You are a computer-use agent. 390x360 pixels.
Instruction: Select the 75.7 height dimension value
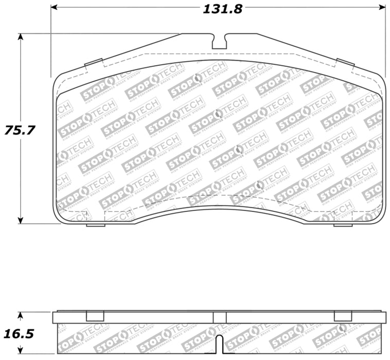[x=20, y=130]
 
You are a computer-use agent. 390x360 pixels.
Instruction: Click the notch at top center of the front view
[x=220, y=41]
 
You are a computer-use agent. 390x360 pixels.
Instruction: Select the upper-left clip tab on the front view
[x=93, y=63]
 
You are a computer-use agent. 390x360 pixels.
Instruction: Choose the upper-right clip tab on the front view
[x=345, y=63]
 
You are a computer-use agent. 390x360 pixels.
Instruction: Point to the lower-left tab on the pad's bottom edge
[x=95, y=225]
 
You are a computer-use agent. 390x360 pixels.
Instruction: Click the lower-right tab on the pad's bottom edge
[x=343, y=225]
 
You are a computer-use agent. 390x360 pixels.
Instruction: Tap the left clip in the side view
[x=95, y=316]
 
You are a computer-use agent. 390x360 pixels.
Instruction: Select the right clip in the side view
[x=343, y=316]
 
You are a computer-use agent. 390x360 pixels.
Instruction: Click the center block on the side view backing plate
[x=220, y=317]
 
